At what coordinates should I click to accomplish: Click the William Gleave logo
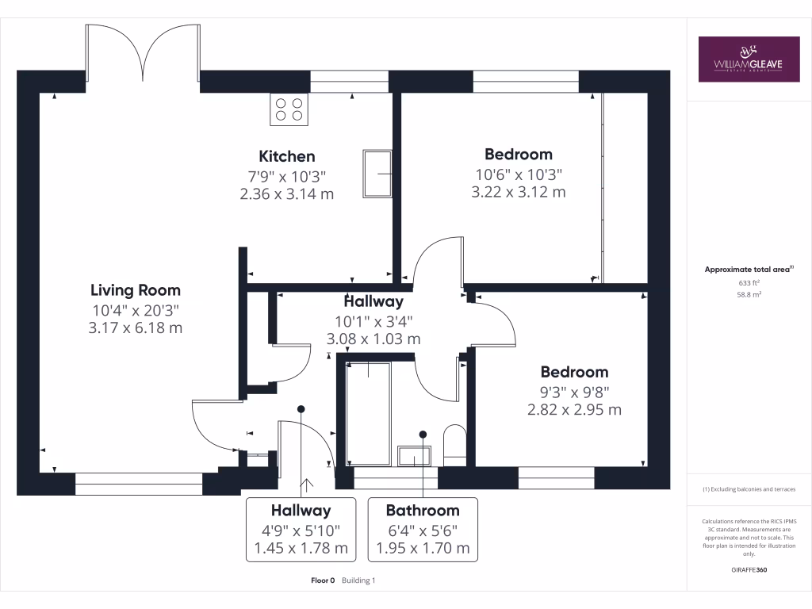749,59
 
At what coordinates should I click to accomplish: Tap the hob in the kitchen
289,109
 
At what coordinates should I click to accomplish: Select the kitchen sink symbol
377,174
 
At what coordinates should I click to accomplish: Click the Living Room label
136,290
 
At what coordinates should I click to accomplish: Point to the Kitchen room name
287,156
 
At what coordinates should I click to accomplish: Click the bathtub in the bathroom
369,413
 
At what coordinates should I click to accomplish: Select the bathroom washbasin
414,456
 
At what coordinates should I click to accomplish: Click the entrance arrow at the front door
305,485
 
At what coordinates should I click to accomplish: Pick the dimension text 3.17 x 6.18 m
136,327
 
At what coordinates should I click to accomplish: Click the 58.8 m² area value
749,293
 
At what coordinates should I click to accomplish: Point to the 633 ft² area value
749,282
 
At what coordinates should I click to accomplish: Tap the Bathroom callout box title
423,511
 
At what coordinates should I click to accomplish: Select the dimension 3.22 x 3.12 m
519,192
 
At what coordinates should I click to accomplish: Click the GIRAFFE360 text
749,570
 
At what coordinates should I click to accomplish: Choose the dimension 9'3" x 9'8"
575,391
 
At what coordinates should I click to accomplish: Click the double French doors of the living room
143,52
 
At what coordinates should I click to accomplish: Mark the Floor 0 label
324,580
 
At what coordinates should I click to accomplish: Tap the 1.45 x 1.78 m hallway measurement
301,548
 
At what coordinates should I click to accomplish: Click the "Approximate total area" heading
748,270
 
